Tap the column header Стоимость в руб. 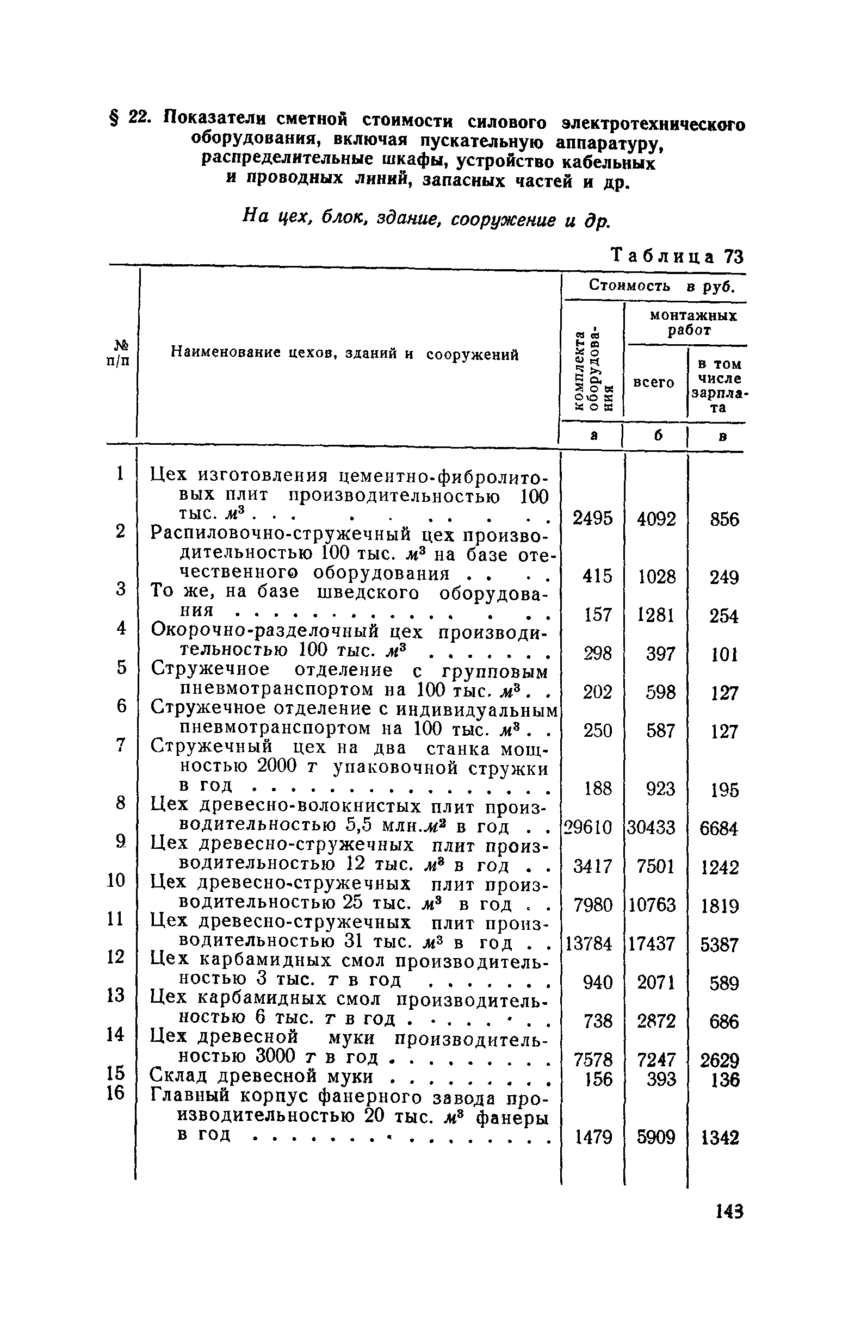tap(661, 286)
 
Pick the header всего tap(654, 382)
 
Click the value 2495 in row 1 tap(592, 518)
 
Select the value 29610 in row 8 tap(587, 827)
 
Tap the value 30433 tap(652, 827)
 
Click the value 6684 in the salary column tap(719, 828)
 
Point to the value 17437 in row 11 tap(652, 943)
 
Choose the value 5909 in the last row tap(656, 1137)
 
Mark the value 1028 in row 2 tap(657, 577)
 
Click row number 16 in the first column tap(116, 1093)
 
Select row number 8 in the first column tap(121, 803)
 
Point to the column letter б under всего tap(657, 436)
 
